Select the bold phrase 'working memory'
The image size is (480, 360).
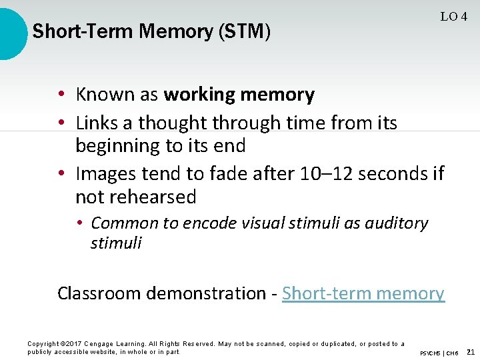tap(239, 95)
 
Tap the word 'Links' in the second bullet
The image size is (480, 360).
tap(96, 123)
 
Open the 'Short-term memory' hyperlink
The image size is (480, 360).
tap(363, 293)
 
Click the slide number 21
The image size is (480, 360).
tap(471, 351)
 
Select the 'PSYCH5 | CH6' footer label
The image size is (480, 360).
tap(439, 352)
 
